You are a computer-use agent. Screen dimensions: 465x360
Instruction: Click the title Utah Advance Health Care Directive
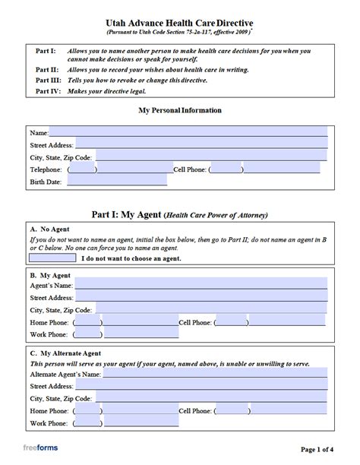180,24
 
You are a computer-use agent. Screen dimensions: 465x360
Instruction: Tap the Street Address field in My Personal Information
201,143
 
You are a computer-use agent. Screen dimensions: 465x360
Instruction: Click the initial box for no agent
52,258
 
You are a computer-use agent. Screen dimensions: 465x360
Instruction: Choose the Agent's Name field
201,284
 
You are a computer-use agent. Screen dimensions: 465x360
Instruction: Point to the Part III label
49,79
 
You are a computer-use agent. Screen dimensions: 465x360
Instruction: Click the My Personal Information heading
180,110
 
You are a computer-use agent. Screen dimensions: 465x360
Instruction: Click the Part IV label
49,90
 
